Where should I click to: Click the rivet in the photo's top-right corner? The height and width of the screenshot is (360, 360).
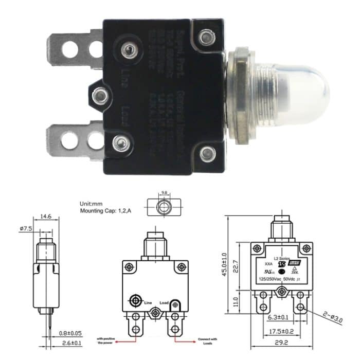(x=207, y=37)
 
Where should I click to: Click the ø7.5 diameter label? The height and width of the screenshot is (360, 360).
(x=26, y=229)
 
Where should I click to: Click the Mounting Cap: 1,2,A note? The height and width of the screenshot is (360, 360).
(x=105, y=211)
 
